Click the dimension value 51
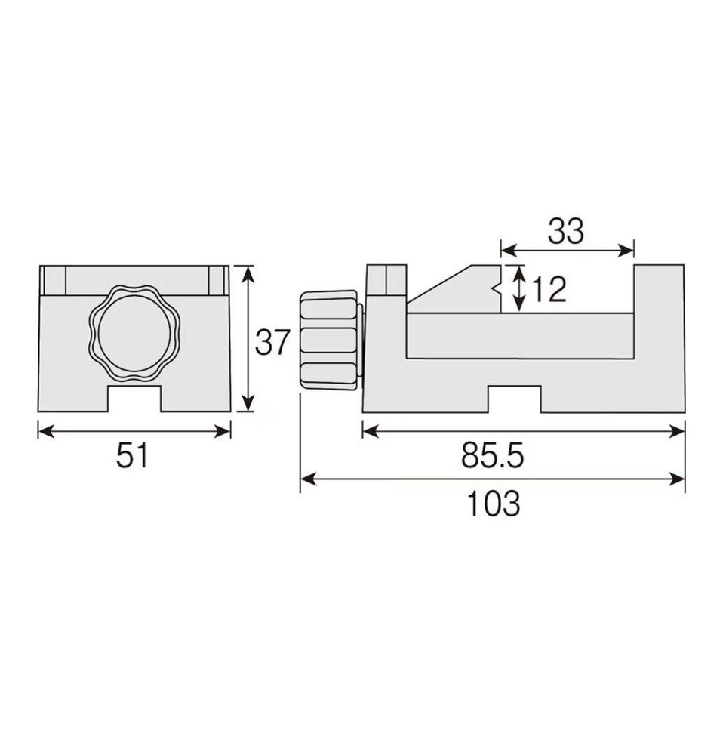pos(133,456)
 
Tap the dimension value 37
pos(272,343)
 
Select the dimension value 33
pos(566,233)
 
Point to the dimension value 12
pos(549,289)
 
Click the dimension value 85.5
pos(493,456)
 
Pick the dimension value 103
pos(493,504)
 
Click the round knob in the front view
pos(134,333)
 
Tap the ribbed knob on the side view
pos(329,340)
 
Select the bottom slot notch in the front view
pos(134,399)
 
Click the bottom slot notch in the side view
pos(515,399)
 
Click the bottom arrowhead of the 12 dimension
pos(519,306)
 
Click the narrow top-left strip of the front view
pos(54,280)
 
